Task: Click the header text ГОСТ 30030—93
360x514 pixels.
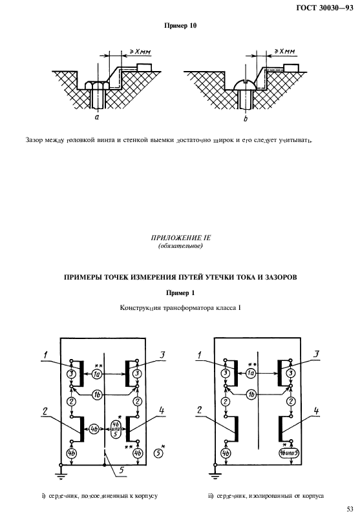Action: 324,8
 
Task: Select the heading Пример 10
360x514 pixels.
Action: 180,26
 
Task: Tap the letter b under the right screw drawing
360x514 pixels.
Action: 245,119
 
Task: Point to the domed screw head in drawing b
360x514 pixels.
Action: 244,85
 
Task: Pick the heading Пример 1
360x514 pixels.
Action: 180,293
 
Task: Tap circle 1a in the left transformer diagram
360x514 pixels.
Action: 96,374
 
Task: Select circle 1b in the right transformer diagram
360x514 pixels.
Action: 251,395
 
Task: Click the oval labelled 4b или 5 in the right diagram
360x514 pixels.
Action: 290,453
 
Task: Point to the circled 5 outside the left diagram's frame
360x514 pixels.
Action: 158,453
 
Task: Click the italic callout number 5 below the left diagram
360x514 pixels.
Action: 121,470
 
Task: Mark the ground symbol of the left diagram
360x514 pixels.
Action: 60,475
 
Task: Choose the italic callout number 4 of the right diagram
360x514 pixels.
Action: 316,411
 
